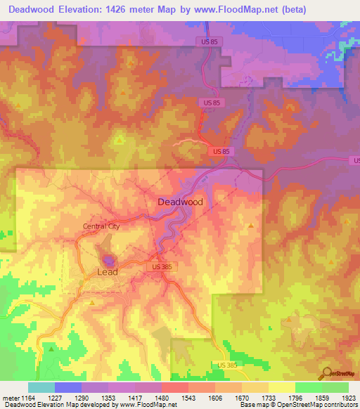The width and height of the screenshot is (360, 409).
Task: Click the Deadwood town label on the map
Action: (x=180, y=202)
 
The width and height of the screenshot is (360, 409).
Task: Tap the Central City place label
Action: (x=101, y=226)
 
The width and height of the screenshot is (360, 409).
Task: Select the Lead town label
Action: (x=107, y=271)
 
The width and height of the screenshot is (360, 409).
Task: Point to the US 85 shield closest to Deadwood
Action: (x=220, y=151)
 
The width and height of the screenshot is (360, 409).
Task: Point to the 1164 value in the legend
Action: (x=27, y=397)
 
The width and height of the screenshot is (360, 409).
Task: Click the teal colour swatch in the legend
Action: (x=41, y=387)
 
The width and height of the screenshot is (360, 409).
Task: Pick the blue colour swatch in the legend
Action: (x=67, y=387)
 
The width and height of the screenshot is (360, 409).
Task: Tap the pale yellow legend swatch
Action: (x=281, y=387)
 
